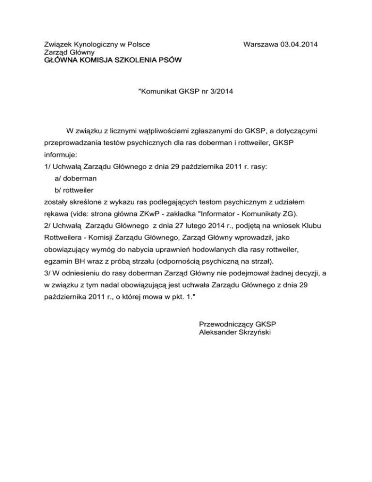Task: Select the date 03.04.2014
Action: pos(300,45)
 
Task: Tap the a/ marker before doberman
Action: pos(52,178)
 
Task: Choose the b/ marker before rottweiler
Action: pos(52,190)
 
